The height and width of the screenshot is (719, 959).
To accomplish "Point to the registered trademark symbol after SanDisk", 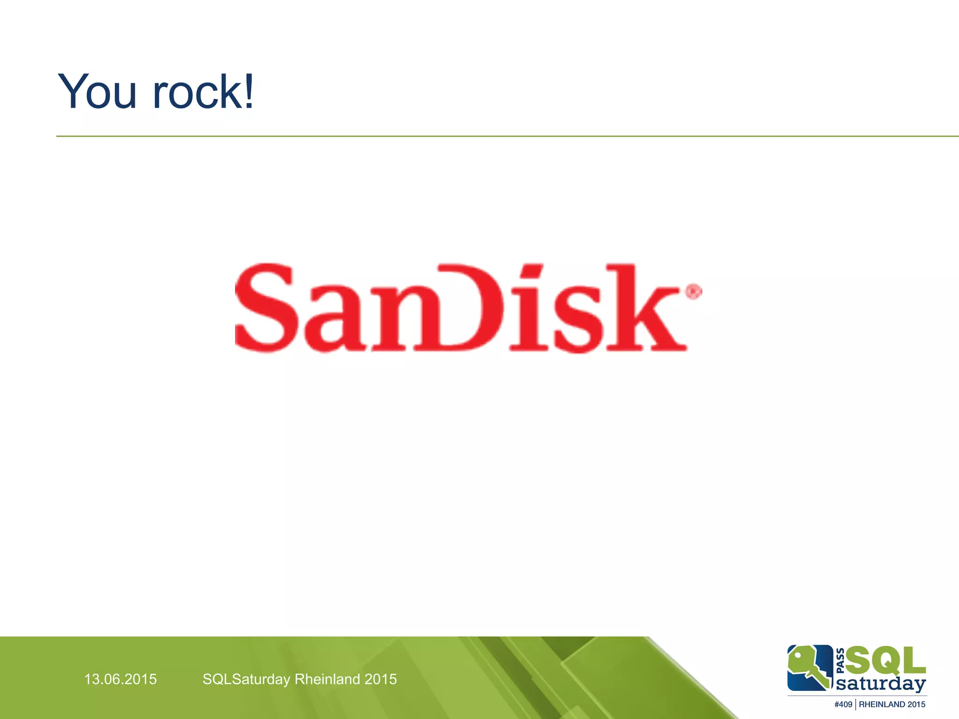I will pyautogui.click(x=693, y=292).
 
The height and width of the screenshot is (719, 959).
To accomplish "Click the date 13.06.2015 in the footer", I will pyautogui.click(x=120, y=679).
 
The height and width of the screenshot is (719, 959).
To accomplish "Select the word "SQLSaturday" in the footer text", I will pyautogui.click(x=246, y=679).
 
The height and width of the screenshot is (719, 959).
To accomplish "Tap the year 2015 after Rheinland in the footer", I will pyautogui.click(x=381, y=679).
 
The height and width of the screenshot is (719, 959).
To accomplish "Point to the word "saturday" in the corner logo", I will pyautogui.click(x=880, y=684).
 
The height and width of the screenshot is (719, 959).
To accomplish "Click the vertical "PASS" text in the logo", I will pyautogui.click(x=841, y=660).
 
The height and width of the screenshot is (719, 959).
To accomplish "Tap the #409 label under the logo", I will pyautogui.click(x=843, y=704).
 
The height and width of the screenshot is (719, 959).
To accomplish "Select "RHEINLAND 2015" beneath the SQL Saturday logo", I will pyautogui.click(x=892, y=704).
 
